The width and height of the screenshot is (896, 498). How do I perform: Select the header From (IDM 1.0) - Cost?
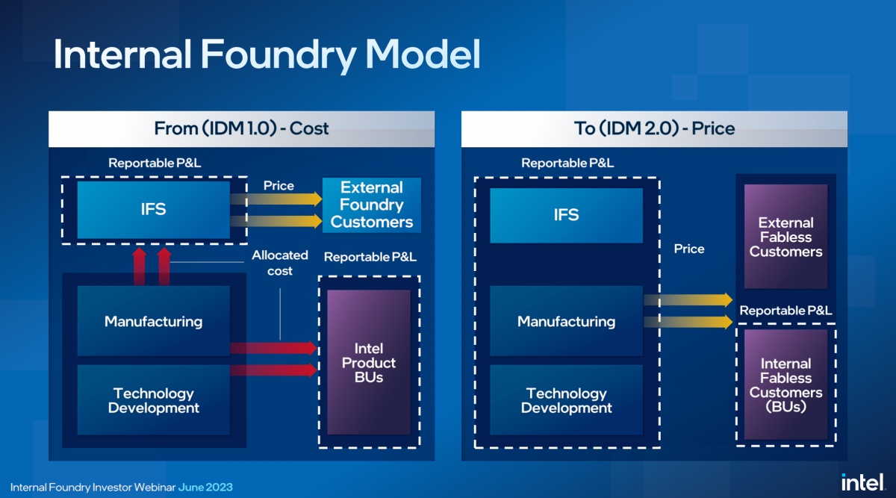pos(241,128)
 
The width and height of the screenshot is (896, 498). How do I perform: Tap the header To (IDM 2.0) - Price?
pos(654,128)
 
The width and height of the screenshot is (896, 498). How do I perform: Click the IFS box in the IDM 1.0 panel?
pos(154,210)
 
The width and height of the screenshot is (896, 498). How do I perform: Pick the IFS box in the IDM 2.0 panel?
pos(566,215)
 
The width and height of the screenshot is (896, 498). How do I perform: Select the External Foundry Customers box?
pos(371,205)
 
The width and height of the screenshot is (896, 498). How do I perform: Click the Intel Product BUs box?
pos(369,362)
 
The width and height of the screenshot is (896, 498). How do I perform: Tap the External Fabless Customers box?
pos(785,237)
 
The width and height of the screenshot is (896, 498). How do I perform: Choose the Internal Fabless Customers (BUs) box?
pos(785,385)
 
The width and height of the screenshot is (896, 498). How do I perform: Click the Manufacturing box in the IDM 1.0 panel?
pos(154,322)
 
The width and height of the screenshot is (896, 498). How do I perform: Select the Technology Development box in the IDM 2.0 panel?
pos(566,401)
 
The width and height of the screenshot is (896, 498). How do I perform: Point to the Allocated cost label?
pos(280,263)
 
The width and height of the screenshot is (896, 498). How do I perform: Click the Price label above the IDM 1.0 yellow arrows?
pos(279,186)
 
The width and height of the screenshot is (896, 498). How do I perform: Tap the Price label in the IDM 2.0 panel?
pos(688,249)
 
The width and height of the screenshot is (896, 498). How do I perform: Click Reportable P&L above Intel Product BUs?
pos(370,258)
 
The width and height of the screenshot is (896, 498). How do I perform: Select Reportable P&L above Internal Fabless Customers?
pos(785,311)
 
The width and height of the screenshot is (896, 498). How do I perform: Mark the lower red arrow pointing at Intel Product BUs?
pos(273,370)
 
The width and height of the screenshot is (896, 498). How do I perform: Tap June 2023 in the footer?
pos(205,488)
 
